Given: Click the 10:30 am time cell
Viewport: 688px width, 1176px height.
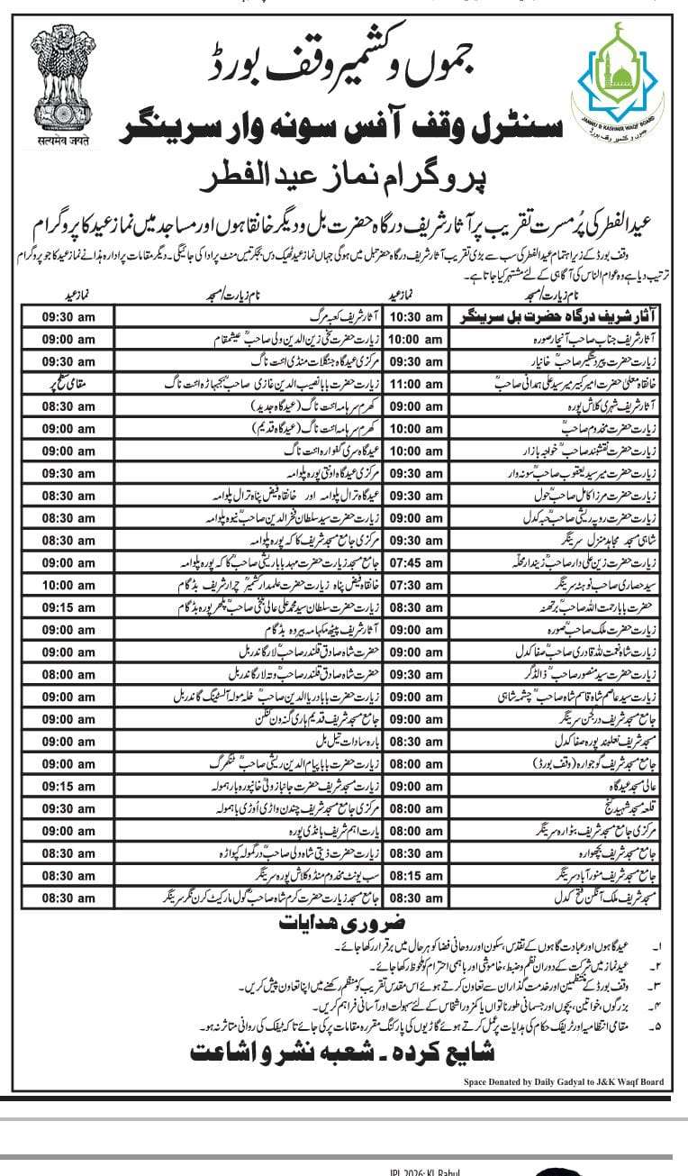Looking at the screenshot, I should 414,316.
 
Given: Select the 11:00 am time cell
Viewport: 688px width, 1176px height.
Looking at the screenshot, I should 414,384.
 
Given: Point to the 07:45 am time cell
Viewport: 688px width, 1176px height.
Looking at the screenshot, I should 414,562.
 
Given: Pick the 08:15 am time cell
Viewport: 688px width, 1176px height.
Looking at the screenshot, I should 414,875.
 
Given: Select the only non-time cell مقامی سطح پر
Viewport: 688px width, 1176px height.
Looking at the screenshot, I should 68,384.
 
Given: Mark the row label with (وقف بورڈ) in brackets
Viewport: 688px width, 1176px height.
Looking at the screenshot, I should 576,763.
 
